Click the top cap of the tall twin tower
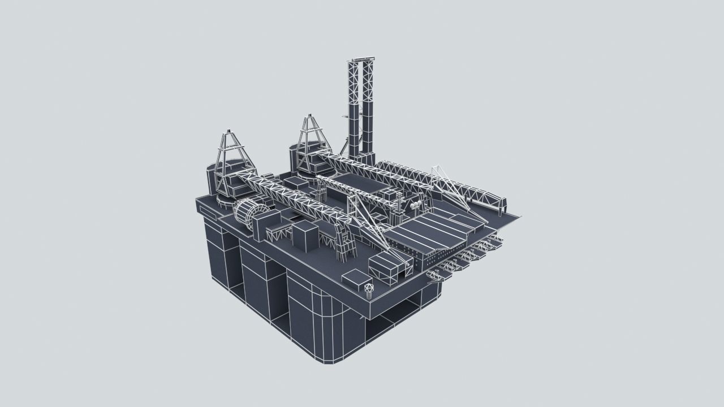(363, 58)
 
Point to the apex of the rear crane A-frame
(311, 117)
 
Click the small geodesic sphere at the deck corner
(369, 289)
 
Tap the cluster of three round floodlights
(416, 205)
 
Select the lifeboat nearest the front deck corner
(437, 276)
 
